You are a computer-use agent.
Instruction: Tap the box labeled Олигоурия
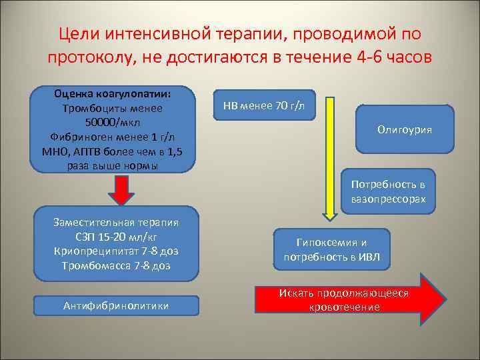(404, 129)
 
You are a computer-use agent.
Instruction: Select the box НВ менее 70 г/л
(264, 106)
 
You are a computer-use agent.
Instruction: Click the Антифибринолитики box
(116, 305)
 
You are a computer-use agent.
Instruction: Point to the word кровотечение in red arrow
(345, 307)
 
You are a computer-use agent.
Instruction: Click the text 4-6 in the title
(371, 57)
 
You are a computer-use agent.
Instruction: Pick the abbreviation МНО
(45, 152)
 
